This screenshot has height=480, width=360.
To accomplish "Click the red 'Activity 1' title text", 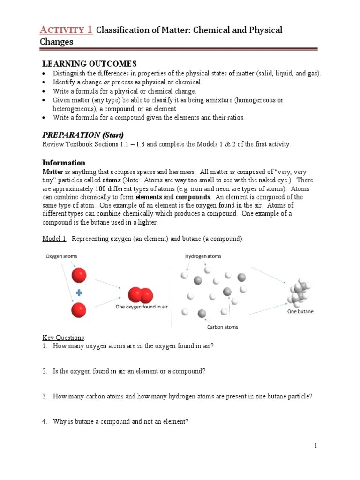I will (65, 30).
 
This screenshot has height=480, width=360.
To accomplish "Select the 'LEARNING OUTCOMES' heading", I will (89, 64).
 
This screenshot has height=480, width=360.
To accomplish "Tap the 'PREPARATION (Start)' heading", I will (83, 135).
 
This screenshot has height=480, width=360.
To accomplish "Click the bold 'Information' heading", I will (64, 163).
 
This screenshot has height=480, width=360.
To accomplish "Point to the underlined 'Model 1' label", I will (54, 239).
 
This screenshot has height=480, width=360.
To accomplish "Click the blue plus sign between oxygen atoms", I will (79, 293).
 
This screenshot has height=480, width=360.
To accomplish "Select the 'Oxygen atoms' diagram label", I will (61, 256).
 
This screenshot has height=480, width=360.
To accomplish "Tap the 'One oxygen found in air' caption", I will (142, 307).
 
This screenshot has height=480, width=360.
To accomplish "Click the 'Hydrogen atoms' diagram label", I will (203, 256).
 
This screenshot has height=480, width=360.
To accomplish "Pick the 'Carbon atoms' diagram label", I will (222, 327).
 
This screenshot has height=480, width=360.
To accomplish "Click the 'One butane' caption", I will (300, 311).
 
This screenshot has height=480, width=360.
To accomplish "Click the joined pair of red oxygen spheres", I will (141, 294).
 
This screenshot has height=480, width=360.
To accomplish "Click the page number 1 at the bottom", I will (316, 446).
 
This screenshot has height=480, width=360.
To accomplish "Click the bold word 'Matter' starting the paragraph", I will (52, 172).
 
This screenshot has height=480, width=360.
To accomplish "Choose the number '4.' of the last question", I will (45, 421).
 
